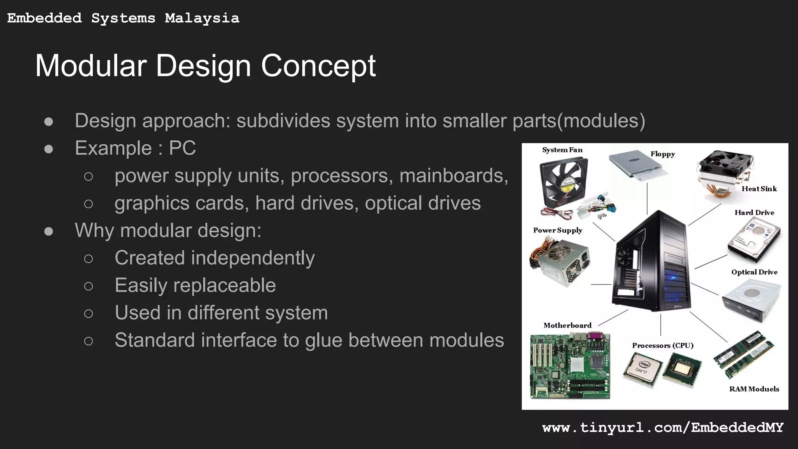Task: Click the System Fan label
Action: tap(562, 150)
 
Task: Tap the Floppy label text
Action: tap(662, 154)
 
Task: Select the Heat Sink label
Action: tap(759, 189)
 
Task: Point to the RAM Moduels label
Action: tap(754, 389)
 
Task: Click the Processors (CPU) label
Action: tap(662, 346)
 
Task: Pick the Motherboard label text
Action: tap(567, 325)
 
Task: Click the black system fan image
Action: tap(563, 184)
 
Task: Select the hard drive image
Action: tap(754, 239)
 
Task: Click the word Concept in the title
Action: tap(318, 66)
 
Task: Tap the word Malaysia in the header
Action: tap(202, 18)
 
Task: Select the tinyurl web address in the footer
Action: tap(662, 428)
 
